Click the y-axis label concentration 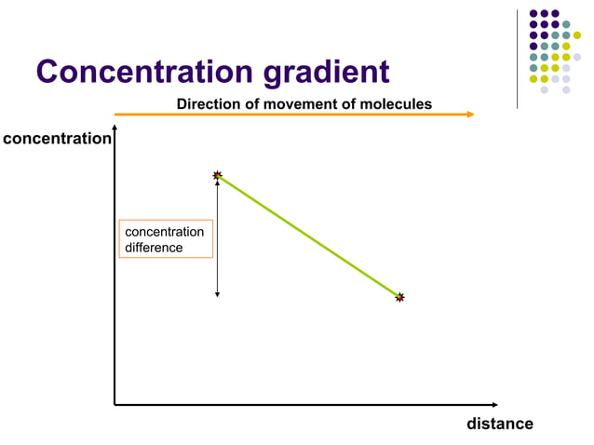point(56,139)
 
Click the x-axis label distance point(499,424)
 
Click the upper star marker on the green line point(217,175)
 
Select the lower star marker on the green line point(399,297)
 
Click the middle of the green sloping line point(308,236)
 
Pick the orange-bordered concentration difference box point(166,239)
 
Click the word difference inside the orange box point(154,248)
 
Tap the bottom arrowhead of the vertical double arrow point(217,294)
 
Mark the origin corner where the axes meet point(115,405)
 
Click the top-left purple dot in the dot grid point(533,14)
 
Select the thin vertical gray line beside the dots point(517,58)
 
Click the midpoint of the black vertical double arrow point(217,237)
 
